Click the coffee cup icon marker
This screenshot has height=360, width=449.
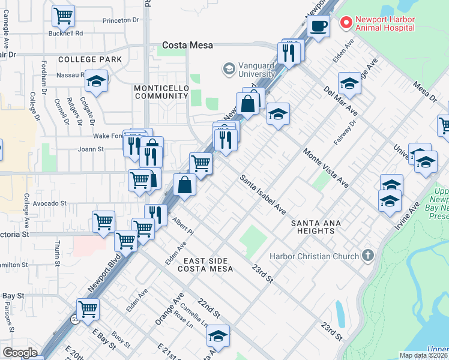(x=318, y=26)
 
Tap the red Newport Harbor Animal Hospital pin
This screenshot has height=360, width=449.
(x=346, y=23)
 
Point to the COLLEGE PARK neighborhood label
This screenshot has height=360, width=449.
(x=90, y=59)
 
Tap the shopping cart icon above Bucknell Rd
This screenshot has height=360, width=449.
(x=63, y=16)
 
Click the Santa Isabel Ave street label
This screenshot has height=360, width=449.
(x=263, y=195)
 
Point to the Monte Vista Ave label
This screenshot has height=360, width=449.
(x=326, y=167)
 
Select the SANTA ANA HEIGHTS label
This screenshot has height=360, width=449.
(x=316, y=228)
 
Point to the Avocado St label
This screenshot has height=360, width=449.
(x=50, y=203)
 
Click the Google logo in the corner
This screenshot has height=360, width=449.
(x=19, y=352)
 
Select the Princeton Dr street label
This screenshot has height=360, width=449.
(x=120, y=20)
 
